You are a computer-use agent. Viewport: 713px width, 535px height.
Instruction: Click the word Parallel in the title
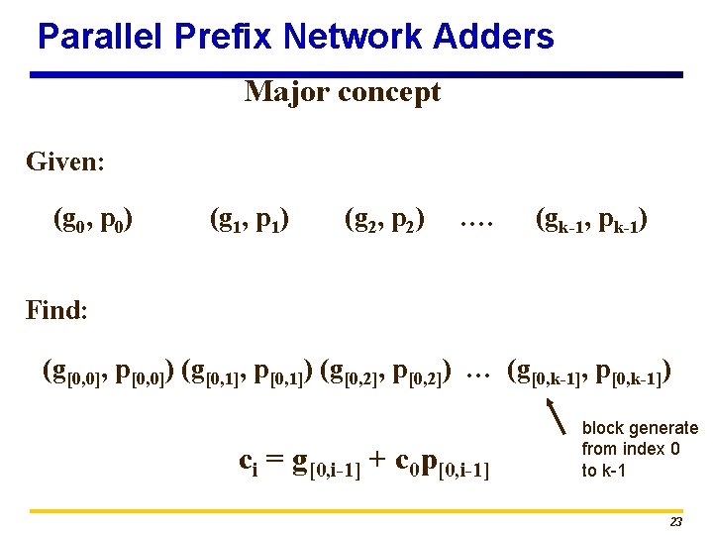(99, 38)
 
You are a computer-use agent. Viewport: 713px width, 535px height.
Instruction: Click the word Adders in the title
(494, 38)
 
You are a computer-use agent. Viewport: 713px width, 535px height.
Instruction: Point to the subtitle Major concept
(343, 92)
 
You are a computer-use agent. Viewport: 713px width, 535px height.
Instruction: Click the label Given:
(65, 160)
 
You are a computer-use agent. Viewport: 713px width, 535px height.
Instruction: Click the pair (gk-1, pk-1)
(592, 219)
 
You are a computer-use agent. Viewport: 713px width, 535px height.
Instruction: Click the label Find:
(57, 310)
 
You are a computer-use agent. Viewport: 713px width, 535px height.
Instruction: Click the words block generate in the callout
(640, 428)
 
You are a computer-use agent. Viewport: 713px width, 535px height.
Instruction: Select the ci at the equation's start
(250, 462)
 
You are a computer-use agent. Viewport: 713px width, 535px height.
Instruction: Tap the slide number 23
(675, 521)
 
